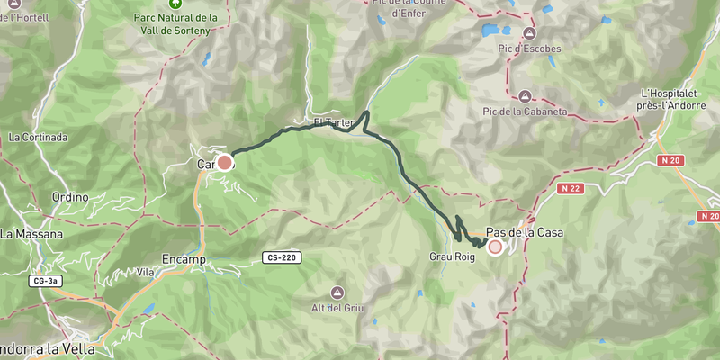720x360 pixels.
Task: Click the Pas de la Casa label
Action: coord(525,232)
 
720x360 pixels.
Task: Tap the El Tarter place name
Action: coord(334,122)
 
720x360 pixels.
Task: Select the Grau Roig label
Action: coord(452,256)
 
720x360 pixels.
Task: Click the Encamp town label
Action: coord(184,259)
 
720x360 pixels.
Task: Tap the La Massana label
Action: coord(31,234)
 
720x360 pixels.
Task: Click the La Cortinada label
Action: coord(38,138)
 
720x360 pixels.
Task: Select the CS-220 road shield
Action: coord(283,257)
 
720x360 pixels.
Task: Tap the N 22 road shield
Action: coord(570,189)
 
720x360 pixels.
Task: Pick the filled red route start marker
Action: coord(224,162)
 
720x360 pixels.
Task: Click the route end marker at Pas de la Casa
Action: coord(494,247)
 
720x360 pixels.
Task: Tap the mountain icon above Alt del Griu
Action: coord(337,292)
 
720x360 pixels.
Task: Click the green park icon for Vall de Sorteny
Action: coord(175,4)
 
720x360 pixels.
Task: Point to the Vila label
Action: coord(145,271)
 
